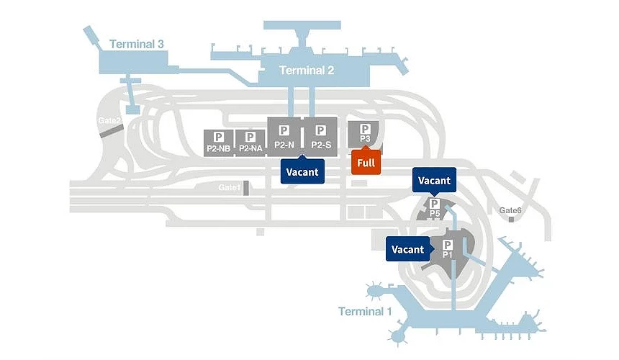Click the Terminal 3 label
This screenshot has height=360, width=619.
coord(137,45)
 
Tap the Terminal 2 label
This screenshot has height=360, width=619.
coord(307,71)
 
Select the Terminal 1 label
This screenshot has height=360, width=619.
coord(366,312)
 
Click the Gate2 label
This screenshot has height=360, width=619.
coord(109,120)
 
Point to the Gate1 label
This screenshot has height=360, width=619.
coord(229,187)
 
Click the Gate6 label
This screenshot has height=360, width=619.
coord(510,210)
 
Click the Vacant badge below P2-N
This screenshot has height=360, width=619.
coord(302,172)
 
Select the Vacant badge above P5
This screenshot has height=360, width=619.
coord(434,181)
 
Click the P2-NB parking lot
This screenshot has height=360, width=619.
coord(219,142)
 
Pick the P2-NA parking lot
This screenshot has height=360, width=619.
coord(251,142)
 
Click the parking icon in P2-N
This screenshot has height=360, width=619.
coord(284,130)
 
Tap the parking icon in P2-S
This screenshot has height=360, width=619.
coord(321,130)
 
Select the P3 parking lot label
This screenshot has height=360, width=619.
coord(365,138)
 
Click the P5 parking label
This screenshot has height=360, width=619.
coord(435,213)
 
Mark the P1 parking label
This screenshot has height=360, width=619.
coord(448,254)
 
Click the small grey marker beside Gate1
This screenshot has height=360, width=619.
coord(246,188)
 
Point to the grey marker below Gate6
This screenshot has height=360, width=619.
coord(511,219)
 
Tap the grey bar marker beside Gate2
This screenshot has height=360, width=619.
coord(117,130)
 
